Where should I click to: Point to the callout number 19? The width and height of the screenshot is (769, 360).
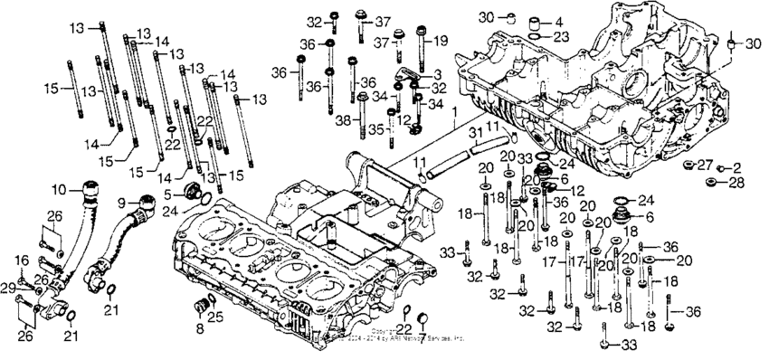tap(440, 41)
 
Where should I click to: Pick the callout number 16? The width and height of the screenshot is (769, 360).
tap(23, 261)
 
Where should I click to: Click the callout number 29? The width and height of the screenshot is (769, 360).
tap(7, 287)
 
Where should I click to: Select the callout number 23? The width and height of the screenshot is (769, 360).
tap(561, 36)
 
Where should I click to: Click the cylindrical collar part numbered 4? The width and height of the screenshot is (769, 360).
tap(536, 21)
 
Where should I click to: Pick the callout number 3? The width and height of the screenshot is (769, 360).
tap(436, 72)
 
